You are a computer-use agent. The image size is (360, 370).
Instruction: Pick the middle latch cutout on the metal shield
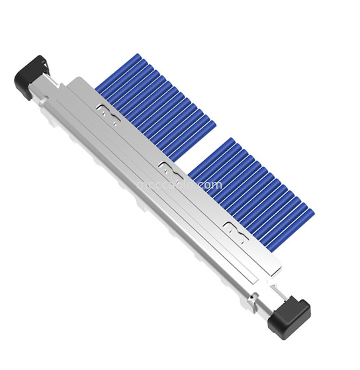[x=169, y=168]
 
